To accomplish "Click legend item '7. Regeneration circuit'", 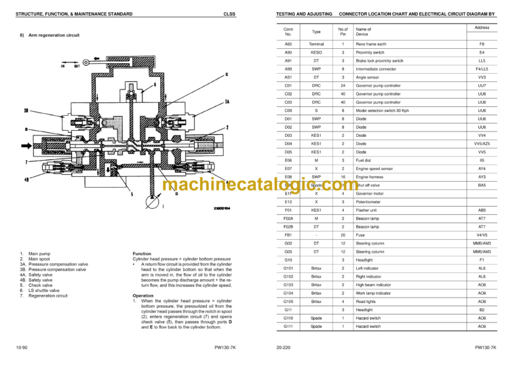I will pos(44,296).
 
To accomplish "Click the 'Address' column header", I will pos(482,28).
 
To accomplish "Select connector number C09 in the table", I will pos(288,110).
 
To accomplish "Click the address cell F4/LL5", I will pos(482,68).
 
